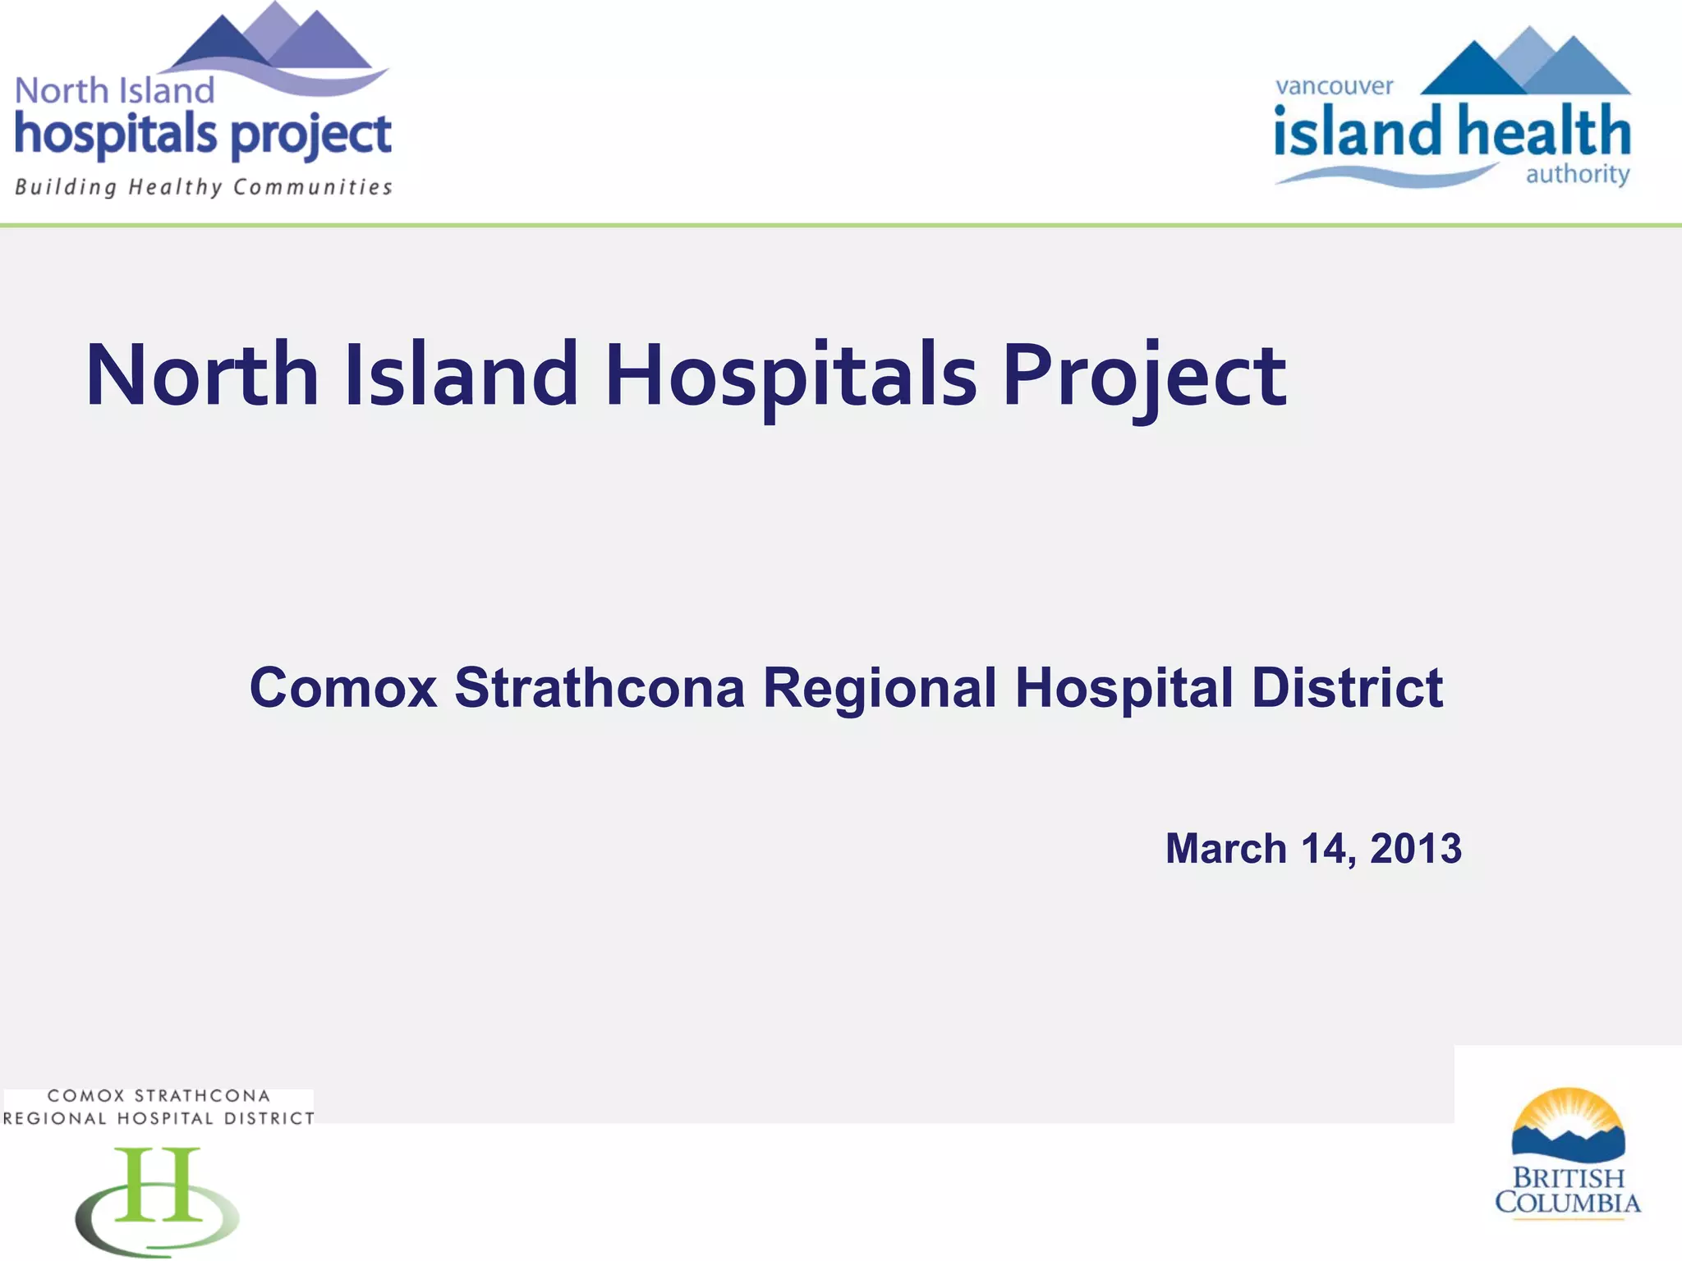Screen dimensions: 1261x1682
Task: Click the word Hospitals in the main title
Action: click(x=790, y=376)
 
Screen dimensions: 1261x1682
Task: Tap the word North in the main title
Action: click(x=202, y=376)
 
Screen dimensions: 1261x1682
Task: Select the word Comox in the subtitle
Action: click(x=342, y=688)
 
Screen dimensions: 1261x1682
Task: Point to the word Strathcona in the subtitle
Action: click(x=600, y=688)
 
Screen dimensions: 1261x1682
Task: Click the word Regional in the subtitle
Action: click(x=879, y=688)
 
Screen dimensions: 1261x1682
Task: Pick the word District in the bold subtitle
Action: click(x=1347, y=688)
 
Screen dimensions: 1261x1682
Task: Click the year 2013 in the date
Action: click(x=1416, y=849)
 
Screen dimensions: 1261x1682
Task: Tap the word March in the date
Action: click(x=1225, y=849)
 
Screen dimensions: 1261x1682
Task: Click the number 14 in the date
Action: click(x=1324, y=849)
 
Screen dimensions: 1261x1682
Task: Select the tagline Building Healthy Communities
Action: click(x=203, y=188)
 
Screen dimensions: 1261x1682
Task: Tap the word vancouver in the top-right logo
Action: click(x=1334, y=86)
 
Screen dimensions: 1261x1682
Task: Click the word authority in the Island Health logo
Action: click(x=1577, y=174)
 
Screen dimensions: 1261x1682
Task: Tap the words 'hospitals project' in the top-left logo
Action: click(x=203, y=135)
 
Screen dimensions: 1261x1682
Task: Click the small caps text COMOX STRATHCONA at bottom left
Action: click(x=159, y=1096)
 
